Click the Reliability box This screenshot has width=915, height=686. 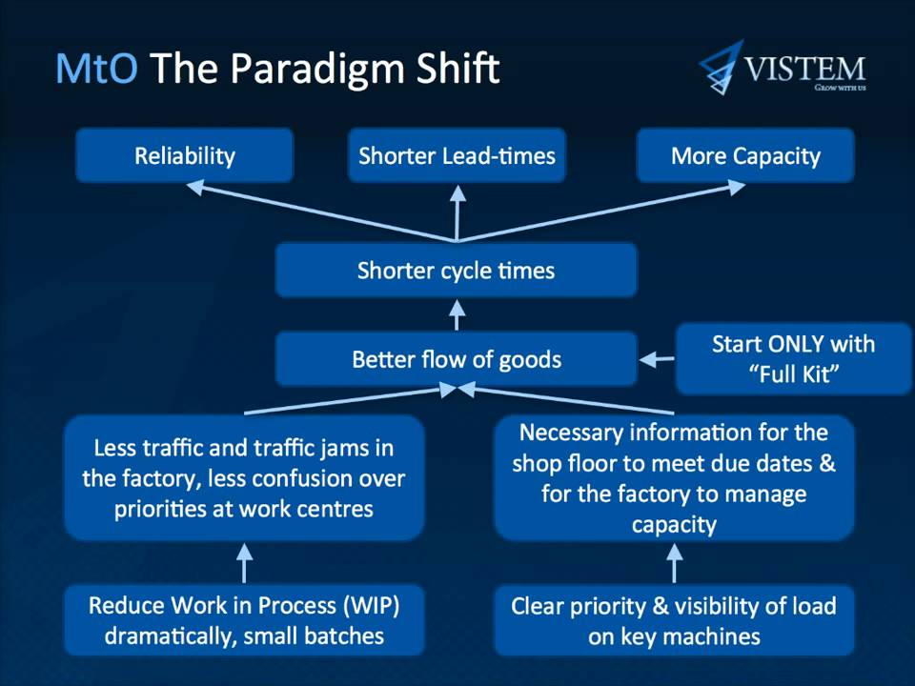coord(184,156)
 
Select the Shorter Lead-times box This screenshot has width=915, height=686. coord(457,156)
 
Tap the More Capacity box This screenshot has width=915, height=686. coord(745,156)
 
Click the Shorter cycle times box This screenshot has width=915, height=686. coord(456,271)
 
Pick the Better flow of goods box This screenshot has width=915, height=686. coord(456,359)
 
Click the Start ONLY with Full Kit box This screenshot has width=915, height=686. coord(793,358)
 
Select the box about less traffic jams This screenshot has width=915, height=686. coord(244,478)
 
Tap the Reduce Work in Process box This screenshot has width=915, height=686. coord(244,620)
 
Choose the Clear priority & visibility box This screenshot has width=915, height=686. coord(674,620)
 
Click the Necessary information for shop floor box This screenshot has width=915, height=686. coord(674,478)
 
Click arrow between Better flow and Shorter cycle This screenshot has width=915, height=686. coord(457,314)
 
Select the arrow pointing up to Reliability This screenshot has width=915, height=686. coord(315,213)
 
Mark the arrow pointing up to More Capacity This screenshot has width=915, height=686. coord(600,213)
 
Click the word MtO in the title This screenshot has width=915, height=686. coord(96,70)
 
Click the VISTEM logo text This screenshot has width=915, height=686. coord(804,69)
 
